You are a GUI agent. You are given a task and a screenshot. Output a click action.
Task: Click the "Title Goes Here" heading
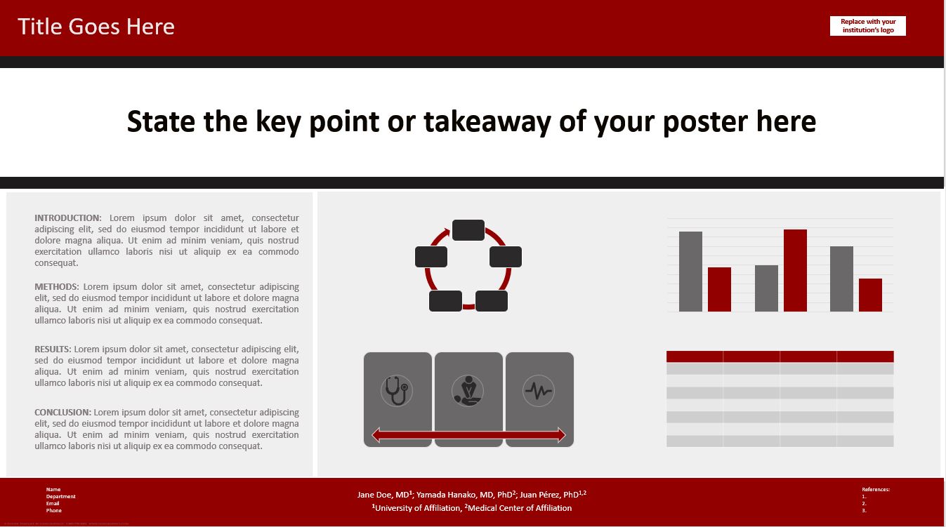pos(96,27)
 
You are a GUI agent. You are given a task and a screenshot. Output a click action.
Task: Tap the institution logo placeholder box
pos(867,26)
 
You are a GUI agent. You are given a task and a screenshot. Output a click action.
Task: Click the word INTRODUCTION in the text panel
pos(68,218)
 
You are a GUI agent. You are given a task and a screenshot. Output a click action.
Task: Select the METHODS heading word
pos(57,287)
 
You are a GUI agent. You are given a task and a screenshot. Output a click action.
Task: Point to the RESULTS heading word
pos(53,349)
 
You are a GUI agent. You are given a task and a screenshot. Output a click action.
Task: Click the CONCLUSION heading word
pos(63,413)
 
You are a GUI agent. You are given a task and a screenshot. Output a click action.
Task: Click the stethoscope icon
pos(398,391)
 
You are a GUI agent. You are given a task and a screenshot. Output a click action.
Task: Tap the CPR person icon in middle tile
pos(468,391)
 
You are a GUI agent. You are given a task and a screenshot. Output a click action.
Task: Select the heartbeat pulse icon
pos(539,391)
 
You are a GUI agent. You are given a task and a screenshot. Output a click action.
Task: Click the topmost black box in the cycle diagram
pos(468,230)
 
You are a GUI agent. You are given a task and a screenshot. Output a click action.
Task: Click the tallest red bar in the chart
pos(795,270)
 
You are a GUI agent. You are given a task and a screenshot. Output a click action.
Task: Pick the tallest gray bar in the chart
pos(690,272)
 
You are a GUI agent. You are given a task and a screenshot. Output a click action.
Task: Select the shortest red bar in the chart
pos(870,295)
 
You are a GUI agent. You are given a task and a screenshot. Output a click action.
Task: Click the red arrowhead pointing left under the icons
pos(376,436)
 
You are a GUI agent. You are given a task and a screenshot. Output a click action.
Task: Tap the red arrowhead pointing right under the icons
pos(560,436)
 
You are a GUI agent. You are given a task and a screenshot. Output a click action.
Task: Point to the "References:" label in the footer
pos(875,489)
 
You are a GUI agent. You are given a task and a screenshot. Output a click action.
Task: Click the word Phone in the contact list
pos(53,510)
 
